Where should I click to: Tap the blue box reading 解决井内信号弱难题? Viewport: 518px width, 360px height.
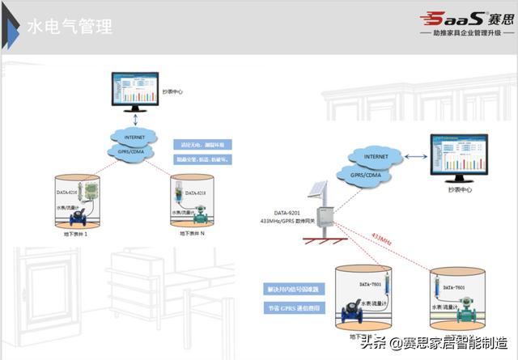(x=293, y=288)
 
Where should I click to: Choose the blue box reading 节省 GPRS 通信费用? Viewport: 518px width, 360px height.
(x=293, y=309)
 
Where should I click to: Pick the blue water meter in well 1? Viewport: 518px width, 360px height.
(x=79, y=218)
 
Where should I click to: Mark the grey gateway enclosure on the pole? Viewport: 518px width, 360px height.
(x=327, y=215)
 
